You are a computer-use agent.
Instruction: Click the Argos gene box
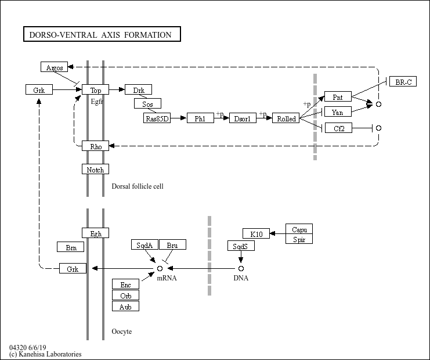(x=55, y=67)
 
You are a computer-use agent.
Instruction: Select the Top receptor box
(x=95, y=90)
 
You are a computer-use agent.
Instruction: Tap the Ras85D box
(x=157, y=118)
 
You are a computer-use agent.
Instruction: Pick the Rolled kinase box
(x=286, y=118)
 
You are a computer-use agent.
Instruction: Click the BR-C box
(x=403, y=81)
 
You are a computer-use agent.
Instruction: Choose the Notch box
(x=95, y=170)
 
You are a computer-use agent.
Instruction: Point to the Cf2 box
(x=338, y=128)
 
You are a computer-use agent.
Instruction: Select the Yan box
(x=338, y=112)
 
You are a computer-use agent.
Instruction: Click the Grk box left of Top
(x=39, y=90)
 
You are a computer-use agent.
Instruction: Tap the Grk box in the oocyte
(x=73, y=268)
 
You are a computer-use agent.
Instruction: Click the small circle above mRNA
(x=160, y=268)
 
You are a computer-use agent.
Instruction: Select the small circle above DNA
(x=241, y=268)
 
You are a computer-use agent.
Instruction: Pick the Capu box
(x=299, y=229)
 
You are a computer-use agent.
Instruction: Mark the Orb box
(x=125, y=295)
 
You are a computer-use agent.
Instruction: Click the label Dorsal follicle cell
(x=138, y=186)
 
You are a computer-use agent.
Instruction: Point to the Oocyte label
(x=121, y=332)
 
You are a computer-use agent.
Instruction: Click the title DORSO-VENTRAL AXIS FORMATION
(x=100, y=35)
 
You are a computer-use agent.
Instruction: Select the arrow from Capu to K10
(x=277, y=234)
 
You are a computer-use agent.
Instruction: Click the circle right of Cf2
(x=379, y=128)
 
